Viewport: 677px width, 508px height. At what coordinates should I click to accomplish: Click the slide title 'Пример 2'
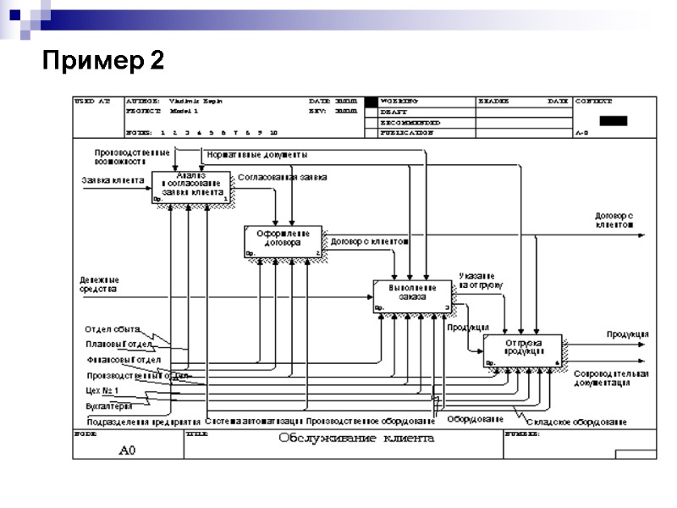104,61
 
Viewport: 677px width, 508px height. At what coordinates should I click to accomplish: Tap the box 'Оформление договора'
283,240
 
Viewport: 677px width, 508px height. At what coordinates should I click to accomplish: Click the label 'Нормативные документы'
257,155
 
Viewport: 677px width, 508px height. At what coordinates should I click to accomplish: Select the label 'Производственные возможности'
132,156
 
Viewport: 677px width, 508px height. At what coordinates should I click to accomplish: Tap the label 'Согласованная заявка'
282,178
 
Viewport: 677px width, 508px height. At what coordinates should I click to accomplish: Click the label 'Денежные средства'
100,284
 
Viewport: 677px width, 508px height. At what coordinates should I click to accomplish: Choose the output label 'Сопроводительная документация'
611,378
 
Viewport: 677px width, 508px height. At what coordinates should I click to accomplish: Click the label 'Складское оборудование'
575,422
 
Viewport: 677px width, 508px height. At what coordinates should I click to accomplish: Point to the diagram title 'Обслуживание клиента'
356,439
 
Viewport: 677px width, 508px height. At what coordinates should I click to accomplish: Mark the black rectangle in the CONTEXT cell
613,120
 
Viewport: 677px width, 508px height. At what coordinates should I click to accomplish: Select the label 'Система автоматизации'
254,421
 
